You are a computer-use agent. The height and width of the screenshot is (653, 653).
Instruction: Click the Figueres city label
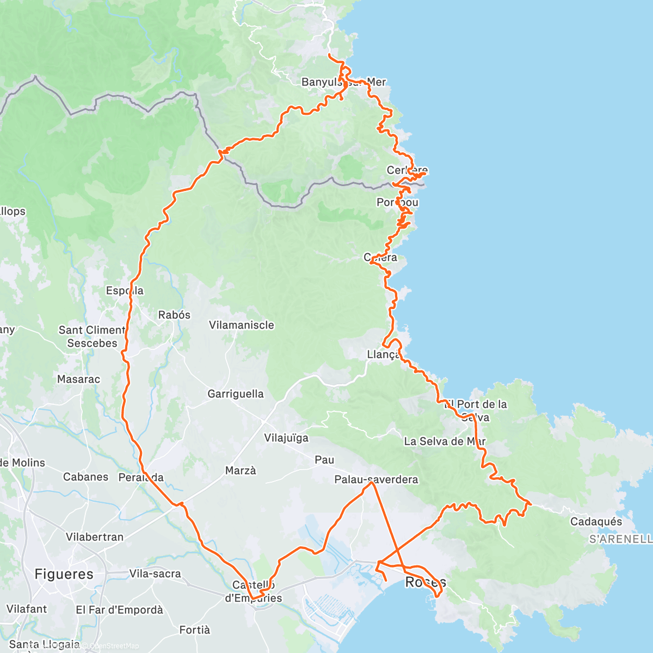tap(64, 574)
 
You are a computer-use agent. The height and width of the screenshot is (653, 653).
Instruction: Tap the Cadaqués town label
tap(596, 522)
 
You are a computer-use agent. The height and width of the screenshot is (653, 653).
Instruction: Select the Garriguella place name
tap(235, 393)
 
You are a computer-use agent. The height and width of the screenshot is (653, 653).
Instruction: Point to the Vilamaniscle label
tap(242, 325)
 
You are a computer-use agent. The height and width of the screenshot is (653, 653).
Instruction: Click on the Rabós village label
tap(174, 315)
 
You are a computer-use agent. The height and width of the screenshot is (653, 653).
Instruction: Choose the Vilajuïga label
tap(286, 438)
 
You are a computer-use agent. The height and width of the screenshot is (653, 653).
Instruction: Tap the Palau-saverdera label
tap(376, 479)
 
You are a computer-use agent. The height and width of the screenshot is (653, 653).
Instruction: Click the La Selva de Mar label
tap(445, 441)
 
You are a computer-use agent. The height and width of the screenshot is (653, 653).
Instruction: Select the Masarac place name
tap(78, 379)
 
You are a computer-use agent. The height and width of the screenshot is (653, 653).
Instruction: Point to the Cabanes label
tap(85, 477)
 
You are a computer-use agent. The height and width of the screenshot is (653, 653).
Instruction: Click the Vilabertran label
tap(95, 537)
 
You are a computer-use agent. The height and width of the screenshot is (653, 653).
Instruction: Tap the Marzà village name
tap(241, 470)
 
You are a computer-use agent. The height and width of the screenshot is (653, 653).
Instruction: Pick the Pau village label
tap(324, 460)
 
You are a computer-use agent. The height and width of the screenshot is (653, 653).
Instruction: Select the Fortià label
tap(194, 630)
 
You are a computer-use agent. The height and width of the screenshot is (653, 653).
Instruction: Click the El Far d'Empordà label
tap(119, 610)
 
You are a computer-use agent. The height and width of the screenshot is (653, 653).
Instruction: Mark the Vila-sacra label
tap(155, 574)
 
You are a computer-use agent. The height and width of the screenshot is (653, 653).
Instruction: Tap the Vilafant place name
tap(27, 609)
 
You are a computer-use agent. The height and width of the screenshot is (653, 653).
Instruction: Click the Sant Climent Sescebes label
tap(92, 337)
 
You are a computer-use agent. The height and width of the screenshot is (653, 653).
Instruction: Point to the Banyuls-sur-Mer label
tap(343, 82)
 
